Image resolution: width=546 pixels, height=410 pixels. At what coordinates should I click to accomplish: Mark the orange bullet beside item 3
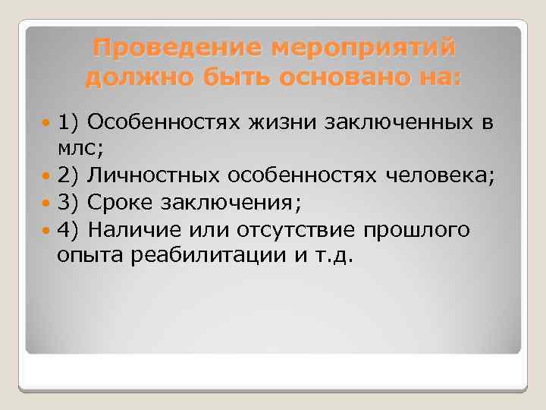[48, 203]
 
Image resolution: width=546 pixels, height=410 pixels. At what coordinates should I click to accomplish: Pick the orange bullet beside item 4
[48, 230]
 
